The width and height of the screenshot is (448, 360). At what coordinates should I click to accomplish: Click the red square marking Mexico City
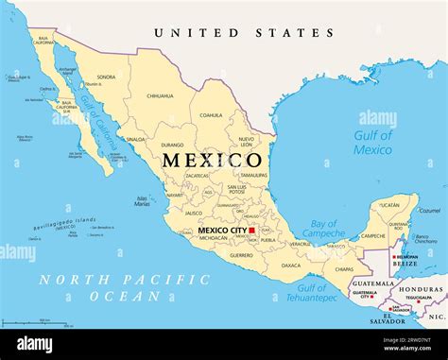coord(252,230)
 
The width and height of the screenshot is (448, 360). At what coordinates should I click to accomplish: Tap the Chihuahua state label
coord(160,95)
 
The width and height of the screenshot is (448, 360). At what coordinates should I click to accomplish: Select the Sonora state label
coord(107,77)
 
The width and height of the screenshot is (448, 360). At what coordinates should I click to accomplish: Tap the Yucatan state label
coord(388,204)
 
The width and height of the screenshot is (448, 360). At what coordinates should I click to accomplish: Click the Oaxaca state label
coord(290,265)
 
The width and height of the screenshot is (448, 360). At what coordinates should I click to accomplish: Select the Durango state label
coord(171,146)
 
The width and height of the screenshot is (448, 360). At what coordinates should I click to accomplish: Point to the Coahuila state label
coord(211,115)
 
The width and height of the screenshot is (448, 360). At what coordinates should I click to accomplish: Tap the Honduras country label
coord(419,289)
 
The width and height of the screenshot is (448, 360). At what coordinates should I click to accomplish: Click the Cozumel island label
coord(429,211)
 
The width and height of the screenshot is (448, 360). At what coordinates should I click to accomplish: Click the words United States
coord(244,33)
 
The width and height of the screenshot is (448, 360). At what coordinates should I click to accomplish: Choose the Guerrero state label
coord(241,254)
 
